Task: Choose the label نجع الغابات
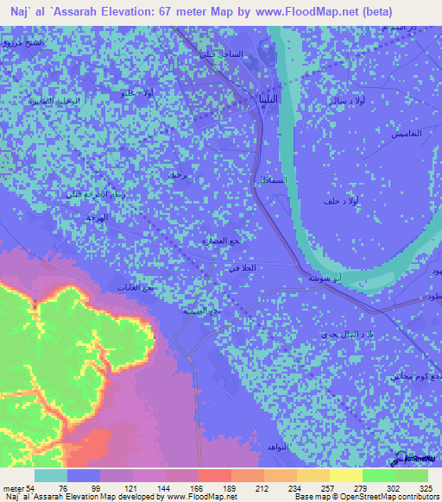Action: tap(136, 287)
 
